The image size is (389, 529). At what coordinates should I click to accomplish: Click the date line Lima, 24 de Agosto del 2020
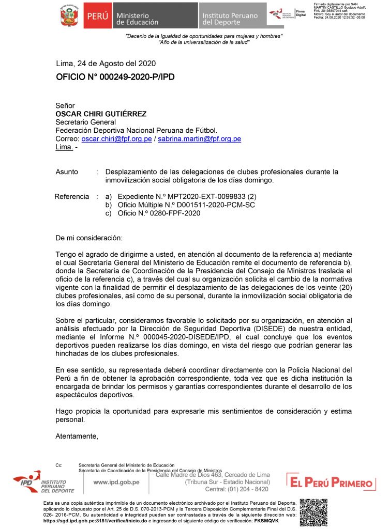tap(106, 64)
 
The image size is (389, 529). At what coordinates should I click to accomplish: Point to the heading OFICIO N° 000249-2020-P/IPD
tap(115, 77)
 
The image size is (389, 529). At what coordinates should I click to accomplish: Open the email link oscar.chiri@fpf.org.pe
tap(116, 139)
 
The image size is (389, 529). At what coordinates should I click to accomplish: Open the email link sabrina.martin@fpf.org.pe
tap(199, 139)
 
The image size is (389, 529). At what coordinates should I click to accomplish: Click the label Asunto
tap(67, 172)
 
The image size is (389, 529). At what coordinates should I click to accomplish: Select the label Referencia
tap(72, 197)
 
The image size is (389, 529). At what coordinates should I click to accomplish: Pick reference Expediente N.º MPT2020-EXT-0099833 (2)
tap(187, 197)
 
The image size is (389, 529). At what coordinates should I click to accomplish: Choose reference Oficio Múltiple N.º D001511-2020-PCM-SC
tap(186, 205)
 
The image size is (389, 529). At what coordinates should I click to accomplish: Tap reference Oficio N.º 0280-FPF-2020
tap(159, 213)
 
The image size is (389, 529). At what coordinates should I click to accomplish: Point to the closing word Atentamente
tap(77, 436)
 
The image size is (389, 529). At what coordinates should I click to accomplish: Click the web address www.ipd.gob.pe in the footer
tap(116, 482)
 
